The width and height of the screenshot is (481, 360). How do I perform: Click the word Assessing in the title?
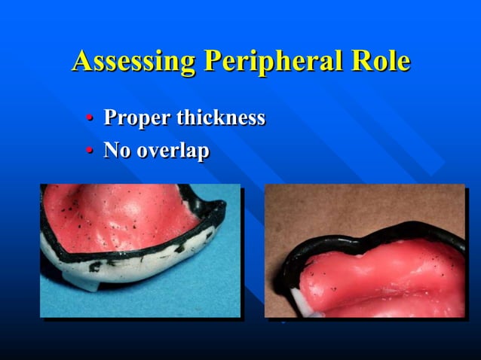coord(133,62)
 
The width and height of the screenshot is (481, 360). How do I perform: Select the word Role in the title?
coord(384,62)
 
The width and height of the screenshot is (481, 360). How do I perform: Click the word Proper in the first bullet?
coord(137,118)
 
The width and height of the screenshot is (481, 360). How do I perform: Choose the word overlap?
coord(173,151)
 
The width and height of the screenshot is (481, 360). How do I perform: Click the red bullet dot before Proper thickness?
coord(90,119)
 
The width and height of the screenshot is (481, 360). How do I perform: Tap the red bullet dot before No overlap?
coord(90,151)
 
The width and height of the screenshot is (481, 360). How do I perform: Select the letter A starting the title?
coord(81,62)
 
